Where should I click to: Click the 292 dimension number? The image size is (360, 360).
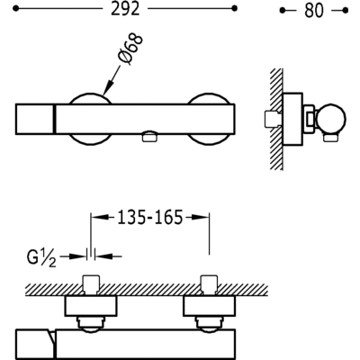pyautogui.click(x=125, y=9)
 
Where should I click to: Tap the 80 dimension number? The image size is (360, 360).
pyautogui.click(x=314, y=11)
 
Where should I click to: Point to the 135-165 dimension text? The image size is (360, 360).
pyautogui.click(x=149, y=217)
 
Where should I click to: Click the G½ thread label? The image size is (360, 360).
pyautogui.click(x=41, y=257)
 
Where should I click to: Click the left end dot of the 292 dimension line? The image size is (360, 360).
pyautogui.click(x=16, y=9)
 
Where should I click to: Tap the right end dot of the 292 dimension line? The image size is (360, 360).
pyautogui.click(x=235, y=9)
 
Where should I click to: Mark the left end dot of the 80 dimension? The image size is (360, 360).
pyautogui.click(x=282, y=11)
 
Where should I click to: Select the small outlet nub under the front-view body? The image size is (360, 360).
pyautogui.click(x=149, y=137)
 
